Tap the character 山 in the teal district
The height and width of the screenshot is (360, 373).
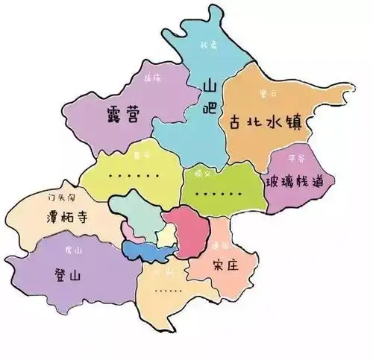tap(210, 88)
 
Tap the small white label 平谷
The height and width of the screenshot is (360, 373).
tap(293, 157)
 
